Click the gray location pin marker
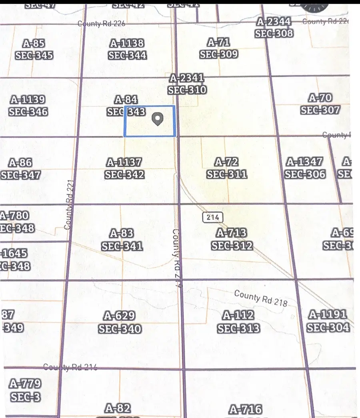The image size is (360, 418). (158, 119)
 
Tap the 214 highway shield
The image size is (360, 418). (212, 217)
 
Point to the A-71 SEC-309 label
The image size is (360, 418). (219, 48)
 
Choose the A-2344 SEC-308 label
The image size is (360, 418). (274, 27)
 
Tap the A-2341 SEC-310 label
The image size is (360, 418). (187, 84)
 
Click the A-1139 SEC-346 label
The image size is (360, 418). (28, 106)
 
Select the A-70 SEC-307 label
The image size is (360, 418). (320, 104)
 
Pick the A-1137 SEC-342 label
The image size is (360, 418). (124, 168)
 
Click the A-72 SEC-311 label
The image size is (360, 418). (226, 168)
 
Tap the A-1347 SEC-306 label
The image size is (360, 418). (305, 168)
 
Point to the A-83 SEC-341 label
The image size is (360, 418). (122, 240)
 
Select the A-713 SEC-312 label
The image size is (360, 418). (232, 239)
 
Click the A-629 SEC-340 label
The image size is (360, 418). (120, 322)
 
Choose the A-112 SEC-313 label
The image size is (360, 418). (238, 322)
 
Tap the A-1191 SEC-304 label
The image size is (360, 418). (328, 321)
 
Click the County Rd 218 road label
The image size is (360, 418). (260, 298)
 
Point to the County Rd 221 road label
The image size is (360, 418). (69, 204)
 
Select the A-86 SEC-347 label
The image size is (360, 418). (21, 169)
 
